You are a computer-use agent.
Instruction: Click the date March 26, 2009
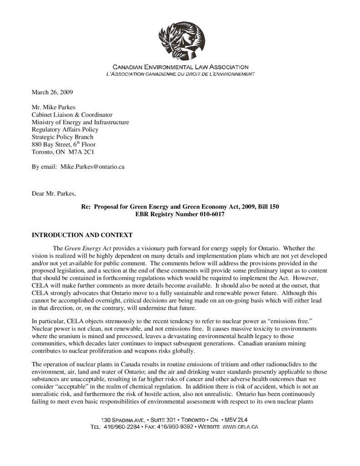[x=52, y=92]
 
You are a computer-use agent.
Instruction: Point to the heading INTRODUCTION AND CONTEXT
[x=82, y=235]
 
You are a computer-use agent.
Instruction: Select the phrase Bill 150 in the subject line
[x=268, y=207]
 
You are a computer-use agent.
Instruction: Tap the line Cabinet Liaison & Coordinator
[x=72, y=115]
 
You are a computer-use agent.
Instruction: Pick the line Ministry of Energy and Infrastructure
[x=80, y=122]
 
